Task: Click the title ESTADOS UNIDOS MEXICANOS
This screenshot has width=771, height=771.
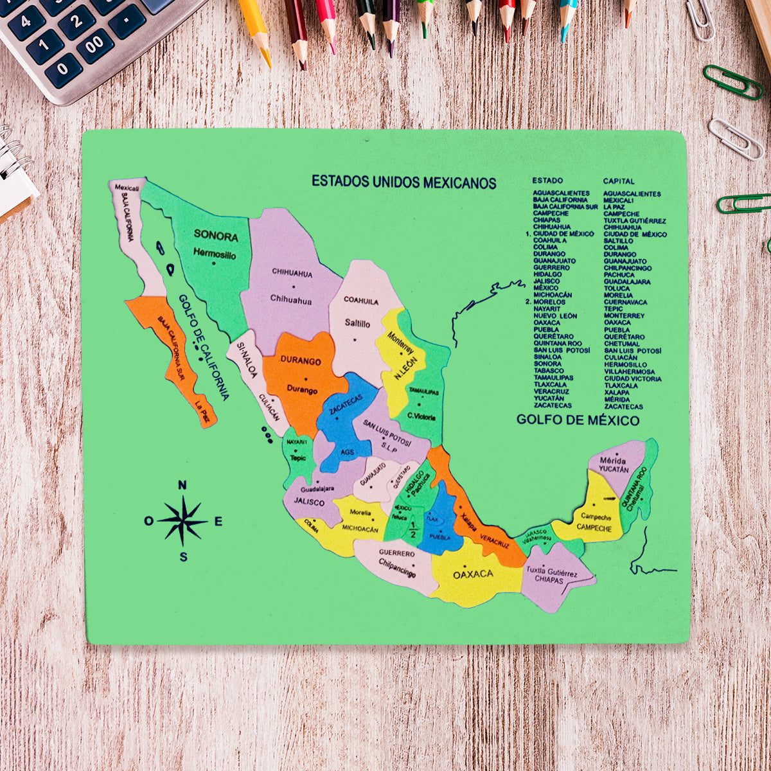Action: click(403, 182)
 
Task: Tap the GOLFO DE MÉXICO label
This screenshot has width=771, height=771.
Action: click(578, 420)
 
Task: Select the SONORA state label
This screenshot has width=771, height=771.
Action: click(216, 236)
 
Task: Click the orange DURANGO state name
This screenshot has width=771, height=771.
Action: click(300, 361)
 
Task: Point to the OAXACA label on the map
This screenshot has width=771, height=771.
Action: click(473, 574)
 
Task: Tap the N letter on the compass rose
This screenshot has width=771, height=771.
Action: click(182, 485)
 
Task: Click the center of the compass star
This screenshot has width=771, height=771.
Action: click(183, 520)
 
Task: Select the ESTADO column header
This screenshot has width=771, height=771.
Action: click(547, 181)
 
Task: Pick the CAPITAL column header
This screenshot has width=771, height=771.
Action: click(618, 181)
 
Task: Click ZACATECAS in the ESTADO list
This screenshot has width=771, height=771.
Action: click(552, 405)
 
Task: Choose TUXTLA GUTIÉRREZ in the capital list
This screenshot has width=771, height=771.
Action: click(634, 220)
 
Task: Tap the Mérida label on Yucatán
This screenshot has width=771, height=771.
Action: click(612, 461)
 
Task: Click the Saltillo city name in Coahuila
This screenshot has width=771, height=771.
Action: click(357, 324)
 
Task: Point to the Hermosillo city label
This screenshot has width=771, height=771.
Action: click(215, 254)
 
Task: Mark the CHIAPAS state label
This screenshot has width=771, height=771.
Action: click(549, 580)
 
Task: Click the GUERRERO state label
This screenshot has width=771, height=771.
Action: click(396, 553)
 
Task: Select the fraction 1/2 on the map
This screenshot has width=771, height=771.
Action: click(412, 530)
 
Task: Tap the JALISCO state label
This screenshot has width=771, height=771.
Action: click(308, 502)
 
